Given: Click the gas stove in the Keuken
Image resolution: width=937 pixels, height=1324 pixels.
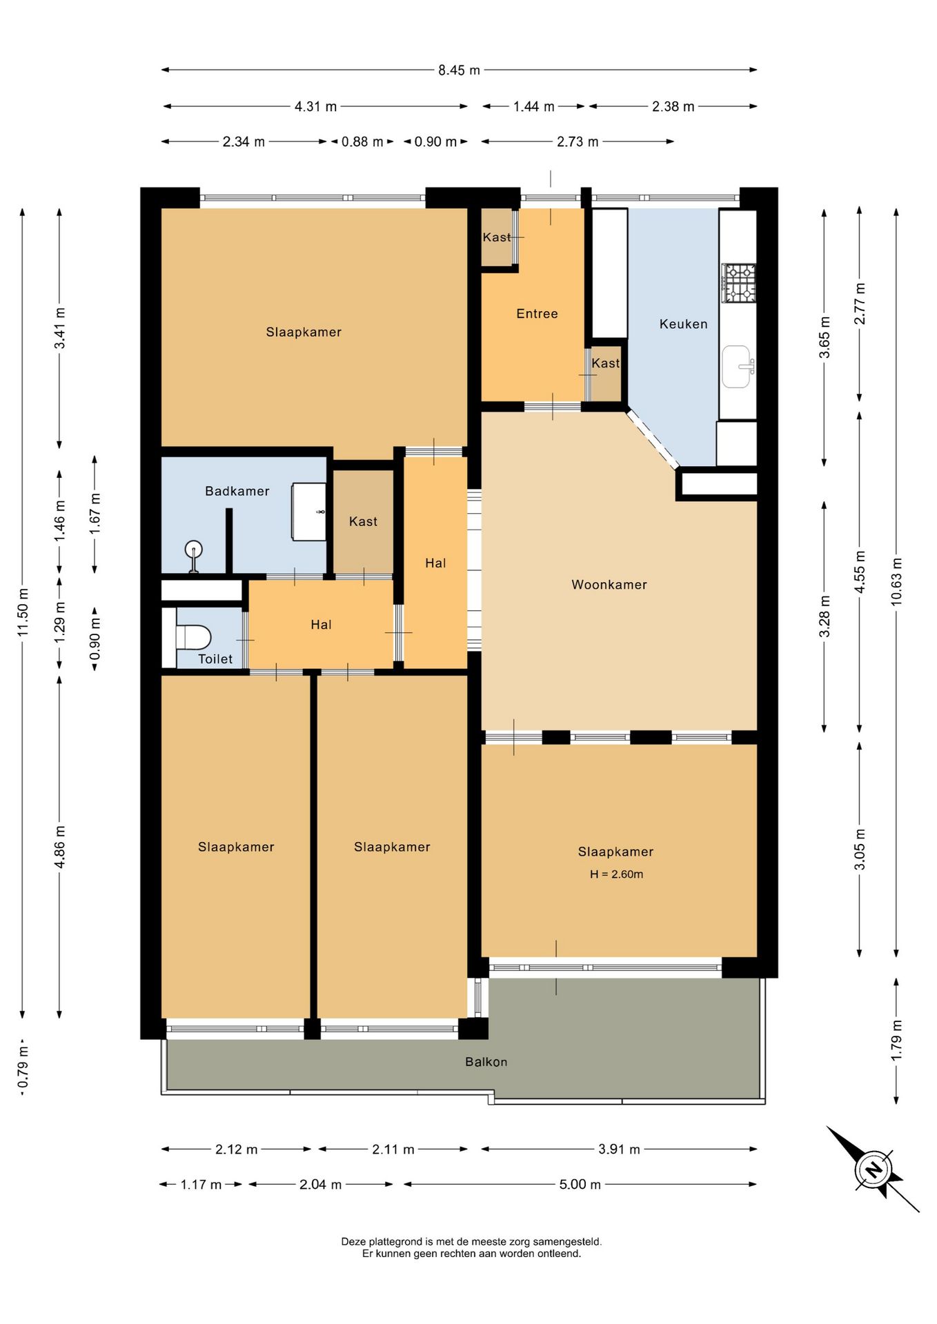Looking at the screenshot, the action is tap(738, 283).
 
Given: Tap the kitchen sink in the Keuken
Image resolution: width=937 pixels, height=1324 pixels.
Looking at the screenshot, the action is tap(737, 366).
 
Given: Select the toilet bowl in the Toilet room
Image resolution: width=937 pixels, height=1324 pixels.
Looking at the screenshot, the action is tap(193, 636).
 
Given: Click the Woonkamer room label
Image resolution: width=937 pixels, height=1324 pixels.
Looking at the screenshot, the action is tap(609, 585).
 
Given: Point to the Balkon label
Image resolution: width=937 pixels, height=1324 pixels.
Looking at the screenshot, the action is tap(486, 1062).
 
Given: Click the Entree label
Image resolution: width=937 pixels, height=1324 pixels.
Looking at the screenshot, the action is tap(537, 314).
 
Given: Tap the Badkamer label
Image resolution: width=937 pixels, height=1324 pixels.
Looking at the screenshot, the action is tap(237, 491).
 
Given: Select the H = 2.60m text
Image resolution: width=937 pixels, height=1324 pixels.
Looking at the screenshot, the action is tap(616, 874).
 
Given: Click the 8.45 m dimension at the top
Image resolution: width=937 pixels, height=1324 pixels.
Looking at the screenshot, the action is tap(459, 70).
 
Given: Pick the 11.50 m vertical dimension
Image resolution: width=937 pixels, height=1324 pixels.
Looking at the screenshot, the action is tap(23, 612).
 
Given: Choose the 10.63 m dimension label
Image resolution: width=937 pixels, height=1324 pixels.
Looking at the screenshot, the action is tap(896, 581).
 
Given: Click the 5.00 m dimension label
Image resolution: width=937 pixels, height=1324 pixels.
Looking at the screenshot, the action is tap(580, 1184).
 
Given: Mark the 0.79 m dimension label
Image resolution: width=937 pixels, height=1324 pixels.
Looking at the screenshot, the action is tap(23, 1069).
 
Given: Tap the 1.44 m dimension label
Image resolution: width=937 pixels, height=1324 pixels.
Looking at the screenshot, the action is tap(533, 106).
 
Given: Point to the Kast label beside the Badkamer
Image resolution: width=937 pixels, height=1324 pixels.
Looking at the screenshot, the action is tap(363, 521).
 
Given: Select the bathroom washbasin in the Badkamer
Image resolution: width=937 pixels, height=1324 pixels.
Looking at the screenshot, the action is tap(309, 512).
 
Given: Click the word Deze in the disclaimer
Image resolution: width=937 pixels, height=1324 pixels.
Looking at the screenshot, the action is tap(353, 1241).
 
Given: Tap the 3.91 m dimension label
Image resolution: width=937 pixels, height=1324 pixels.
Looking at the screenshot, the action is tap(619, 1149).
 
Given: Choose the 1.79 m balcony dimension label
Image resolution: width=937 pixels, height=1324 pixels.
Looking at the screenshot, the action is tap(896, 1041).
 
